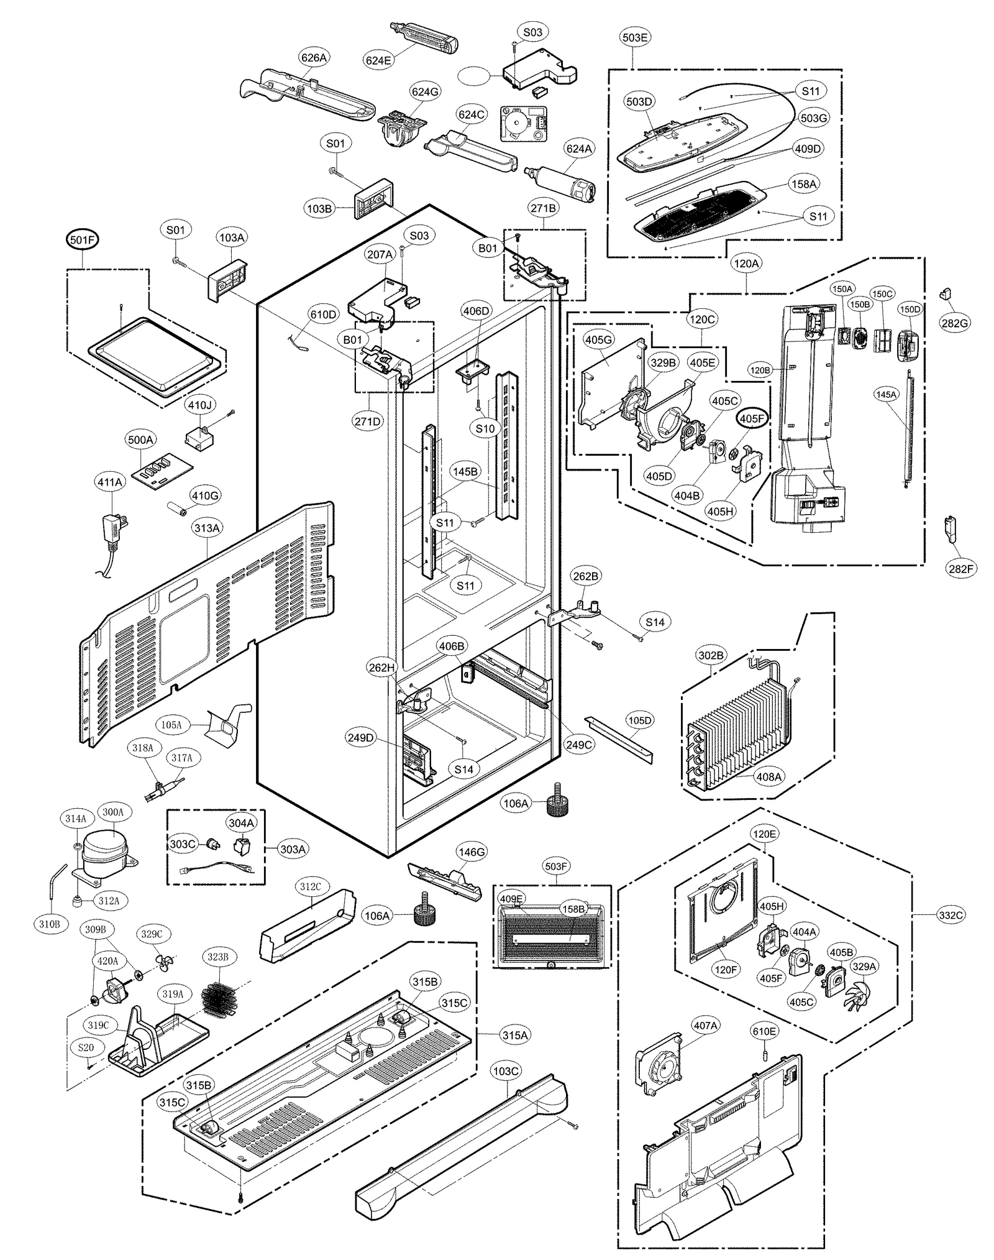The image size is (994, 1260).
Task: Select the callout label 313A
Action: click(207, 528)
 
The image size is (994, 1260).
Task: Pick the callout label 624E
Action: click(378, 60)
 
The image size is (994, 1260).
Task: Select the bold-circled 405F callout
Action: click(752, 419)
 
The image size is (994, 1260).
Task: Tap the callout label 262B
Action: click(586, 576)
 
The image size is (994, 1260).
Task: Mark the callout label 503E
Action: click(635, 37)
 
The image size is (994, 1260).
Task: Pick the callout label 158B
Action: click(573, 908)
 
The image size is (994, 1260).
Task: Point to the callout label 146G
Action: click(472, 852)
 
